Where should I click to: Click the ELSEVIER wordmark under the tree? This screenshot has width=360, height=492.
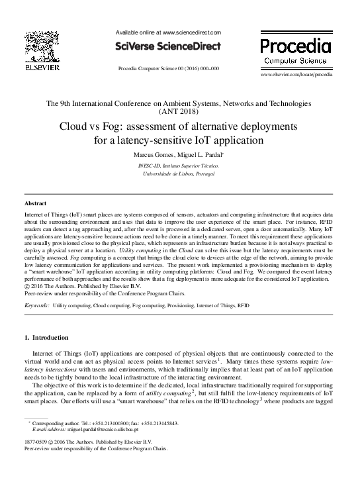tap(42, 68)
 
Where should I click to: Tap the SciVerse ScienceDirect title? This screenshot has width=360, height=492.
tap(167, 46)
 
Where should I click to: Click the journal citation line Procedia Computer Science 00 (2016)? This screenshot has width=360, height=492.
tap(167, 68)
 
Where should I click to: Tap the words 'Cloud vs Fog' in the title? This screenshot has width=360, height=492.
tap(107, 125)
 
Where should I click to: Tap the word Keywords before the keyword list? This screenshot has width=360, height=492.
tap(36, 307)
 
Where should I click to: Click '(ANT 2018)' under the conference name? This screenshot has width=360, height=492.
tap(180, 113)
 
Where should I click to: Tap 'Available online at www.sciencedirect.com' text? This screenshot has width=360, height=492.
tap(167, 32)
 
